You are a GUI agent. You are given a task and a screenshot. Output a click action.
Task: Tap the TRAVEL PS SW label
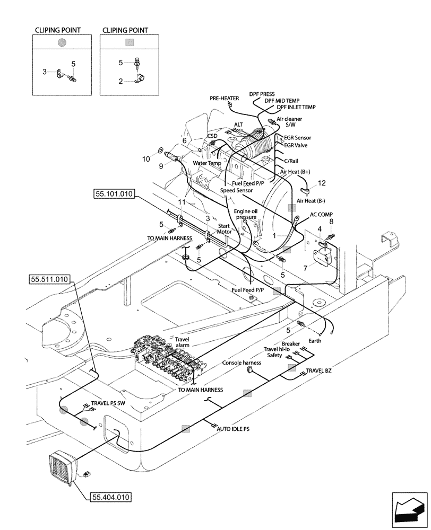coord(108,403)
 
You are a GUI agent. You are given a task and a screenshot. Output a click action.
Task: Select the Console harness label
coord(242,363)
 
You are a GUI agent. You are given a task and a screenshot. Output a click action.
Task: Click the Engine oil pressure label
coord(246,214)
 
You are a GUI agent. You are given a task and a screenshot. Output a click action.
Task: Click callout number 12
coord(321,183)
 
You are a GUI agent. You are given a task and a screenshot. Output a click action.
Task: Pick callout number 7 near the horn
coord(305,269)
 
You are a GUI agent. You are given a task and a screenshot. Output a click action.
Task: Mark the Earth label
coord(315,341)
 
